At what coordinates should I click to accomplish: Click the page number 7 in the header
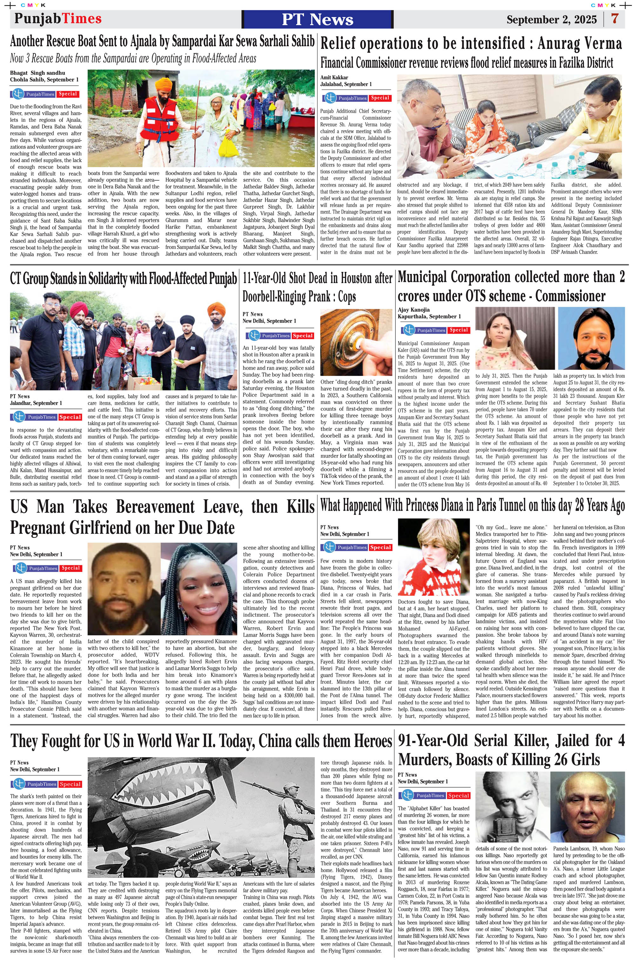pos(615,19)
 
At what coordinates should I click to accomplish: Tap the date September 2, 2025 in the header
pos(551,20)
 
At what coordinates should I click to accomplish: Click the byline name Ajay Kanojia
pos(413,310)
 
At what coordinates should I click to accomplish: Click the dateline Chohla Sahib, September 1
pos(44,80)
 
